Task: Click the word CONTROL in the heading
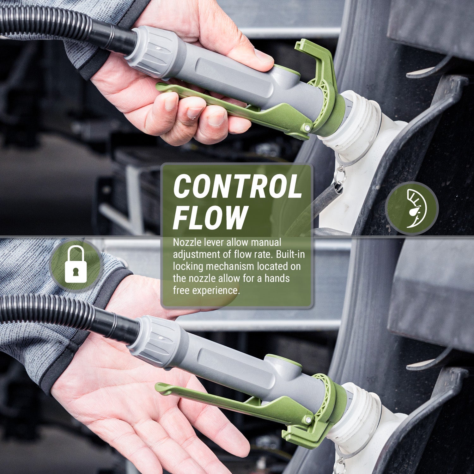(x=237, y=187)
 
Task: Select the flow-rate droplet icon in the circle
(x=412, y=209)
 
